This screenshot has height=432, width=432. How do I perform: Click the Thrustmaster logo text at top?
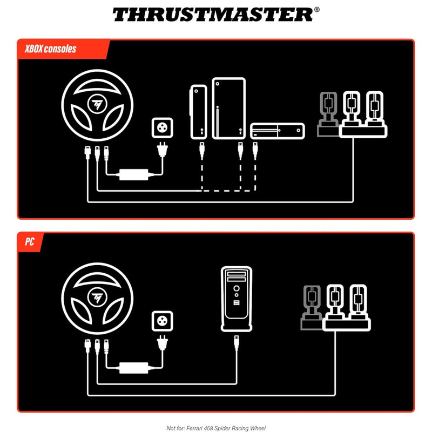coord(212,14)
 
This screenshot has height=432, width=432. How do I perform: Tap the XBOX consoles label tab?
coord(51,49)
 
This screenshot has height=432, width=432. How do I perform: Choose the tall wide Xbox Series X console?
coord(228,109)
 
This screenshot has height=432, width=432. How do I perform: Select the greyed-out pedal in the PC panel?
coord(310,308)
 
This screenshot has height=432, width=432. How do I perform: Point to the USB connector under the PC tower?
coord(237,342)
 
